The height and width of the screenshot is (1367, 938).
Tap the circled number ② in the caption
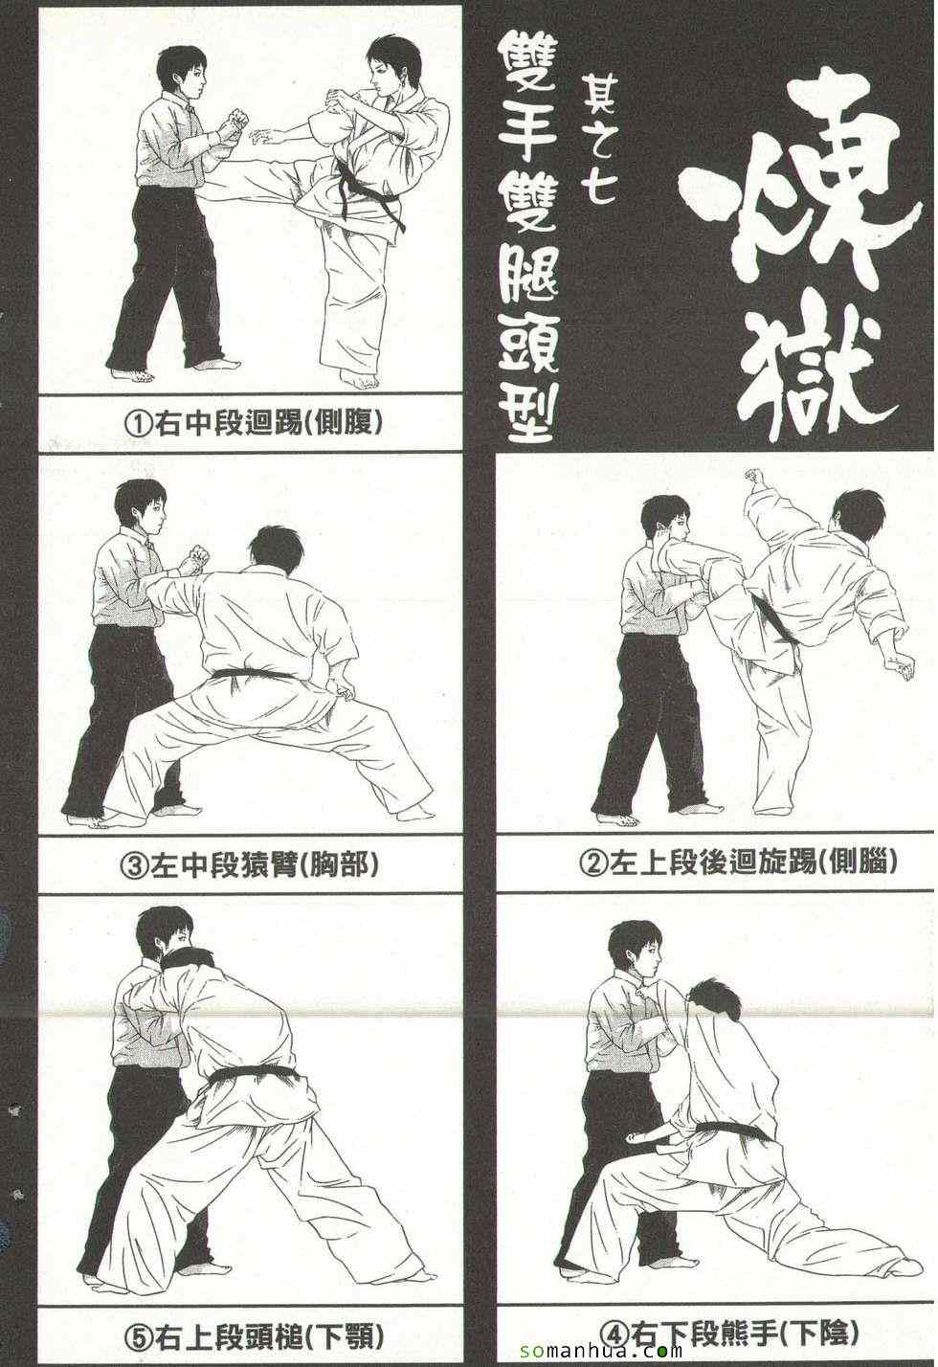(x=592, y=863)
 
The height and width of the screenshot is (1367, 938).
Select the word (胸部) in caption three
(x=339, y=865)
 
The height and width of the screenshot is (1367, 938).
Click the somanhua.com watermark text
(x=600, y=1349)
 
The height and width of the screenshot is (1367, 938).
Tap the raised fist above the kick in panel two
(x=755, y=478)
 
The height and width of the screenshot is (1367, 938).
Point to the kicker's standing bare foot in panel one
(x=359, y=381)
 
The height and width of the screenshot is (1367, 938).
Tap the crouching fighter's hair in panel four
(x=713, y=996)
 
